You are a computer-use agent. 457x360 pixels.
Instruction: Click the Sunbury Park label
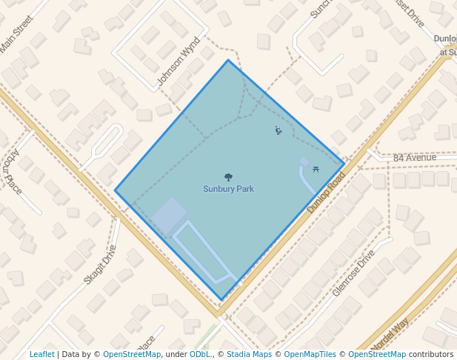pos(228,189)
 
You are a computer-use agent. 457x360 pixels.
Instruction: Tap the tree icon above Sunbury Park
pos(228,178)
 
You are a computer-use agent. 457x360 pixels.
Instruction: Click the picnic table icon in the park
pos(316,170)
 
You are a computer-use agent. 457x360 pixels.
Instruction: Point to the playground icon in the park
pos(278,131)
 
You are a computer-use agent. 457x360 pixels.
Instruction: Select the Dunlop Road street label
pos(327,195)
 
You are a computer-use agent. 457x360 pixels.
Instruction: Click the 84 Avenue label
pos(415,158)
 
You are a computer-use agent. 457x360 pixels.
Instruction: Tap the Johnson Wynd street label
pos(179,61)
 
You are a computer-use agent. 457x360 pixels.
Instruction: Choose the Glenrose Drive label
pos(353,273)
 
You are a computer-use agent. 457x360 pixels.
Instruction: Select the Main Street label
pos(17,34)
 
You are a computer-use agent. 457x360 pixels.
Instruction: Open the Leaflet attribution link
pos(42,354)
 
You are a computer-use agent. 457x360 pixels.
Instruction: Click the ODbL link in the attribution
pos(199,354)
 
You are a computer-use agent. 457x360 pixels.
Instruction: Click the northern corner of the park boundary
pos(228,60)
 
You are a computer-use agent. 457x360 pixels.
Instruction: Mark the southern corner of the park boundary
pos(221,300)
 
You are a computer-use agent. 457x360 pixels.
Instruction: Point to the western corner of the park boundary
pos(115,190)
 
